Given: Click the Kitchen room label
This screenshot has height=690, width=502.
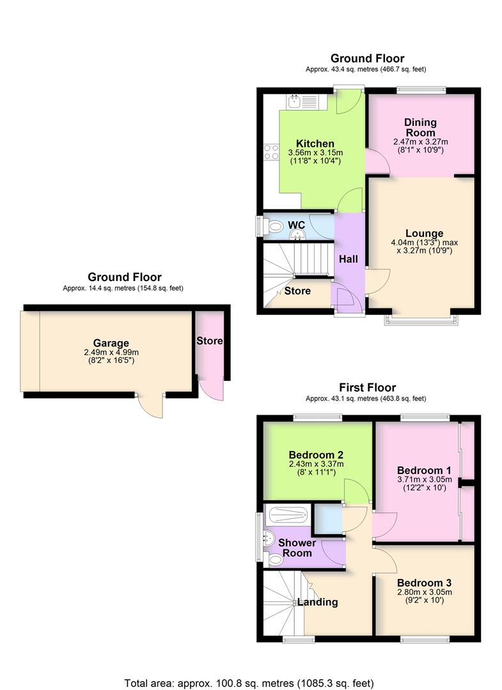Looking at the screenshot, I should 315,143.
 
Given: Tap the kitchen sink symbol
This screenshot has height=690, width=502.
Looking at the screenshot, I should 301,102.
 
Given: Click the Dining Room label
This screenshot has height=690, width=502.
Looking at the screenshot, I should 420,127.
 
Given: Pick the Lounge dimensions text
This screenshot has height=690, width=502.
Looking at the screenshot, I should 424,247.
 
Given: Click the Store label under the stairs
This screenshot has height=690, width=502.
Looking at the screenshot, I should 297,291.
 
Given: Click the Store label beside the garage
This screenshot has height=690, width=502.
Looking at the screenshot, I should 209,341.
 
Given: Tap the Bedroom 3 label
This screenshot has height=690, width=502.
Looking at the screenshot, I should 424,583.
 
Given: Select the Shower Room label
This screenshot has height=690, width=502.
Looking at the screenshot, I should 297,548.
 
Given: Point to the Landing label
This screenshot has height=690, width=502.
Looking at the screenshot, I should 317,602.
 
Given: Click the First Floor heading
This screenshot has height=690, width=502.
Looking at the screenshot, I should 367,388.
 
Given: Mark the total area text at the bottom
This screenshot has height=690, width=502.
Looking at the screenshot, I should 251,681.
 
